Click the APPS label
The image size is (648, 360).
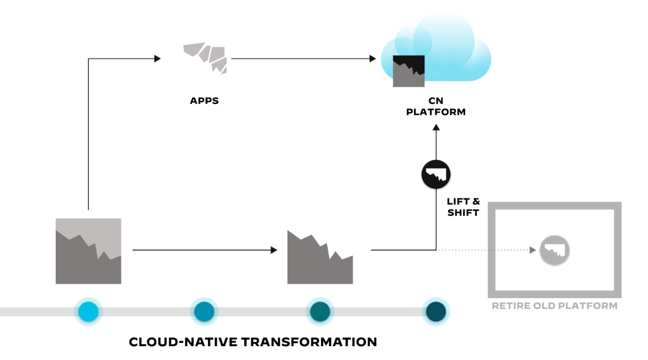[204, 101]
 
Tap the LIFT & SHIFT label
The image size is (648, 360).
[464, 208]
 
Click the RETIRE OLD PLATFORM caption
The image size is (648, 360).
[554, 305]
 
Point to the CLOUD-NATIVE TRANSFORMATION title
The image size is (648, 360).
[253, 342]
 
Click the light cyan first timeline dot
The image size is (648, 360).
[88, 311]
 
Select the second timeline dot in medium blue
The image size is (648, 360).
[204, 311]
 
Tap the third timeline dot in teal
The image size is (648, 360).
[320, 311]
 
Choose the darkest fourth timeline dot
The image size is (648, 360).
[436, 311]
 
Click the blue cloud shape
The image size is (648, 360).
[447, 47]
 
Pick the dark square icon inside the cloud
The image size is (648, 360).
[408, 71]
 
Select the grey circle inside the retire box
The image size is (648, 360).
[554, 250]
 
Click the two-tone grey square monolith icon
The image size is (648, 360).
[88, 251]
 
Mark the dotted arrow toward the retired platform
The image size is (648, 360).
[486, 250]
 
